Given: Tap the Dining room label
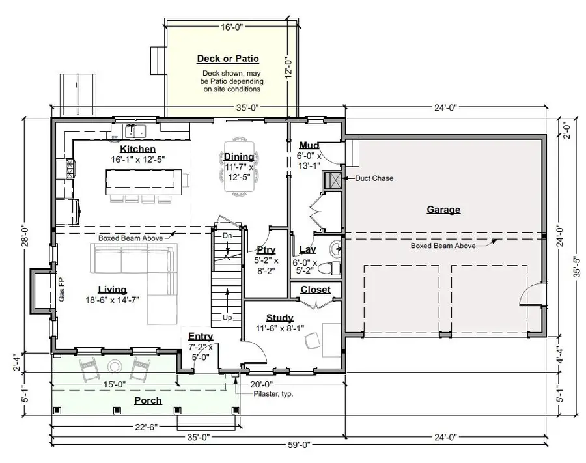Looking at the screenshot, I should click(x=239, y=157).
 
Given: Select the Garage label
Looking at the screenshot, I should click(x=443, y=210).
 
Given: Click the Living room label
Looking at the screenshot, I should click(x=112, y=290).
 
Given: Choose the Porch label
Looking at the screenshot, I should click(x=148, y=400).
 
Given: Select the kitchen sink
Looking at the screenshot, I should click(x=138, y=131).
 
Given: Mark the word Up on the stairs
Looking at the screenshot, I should click(x=227, y=318).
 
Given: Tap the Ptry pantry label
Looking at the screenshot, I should click(x=266, y=249).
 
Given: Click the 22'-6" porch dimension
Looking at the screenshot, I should click(x=145, y=427).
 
